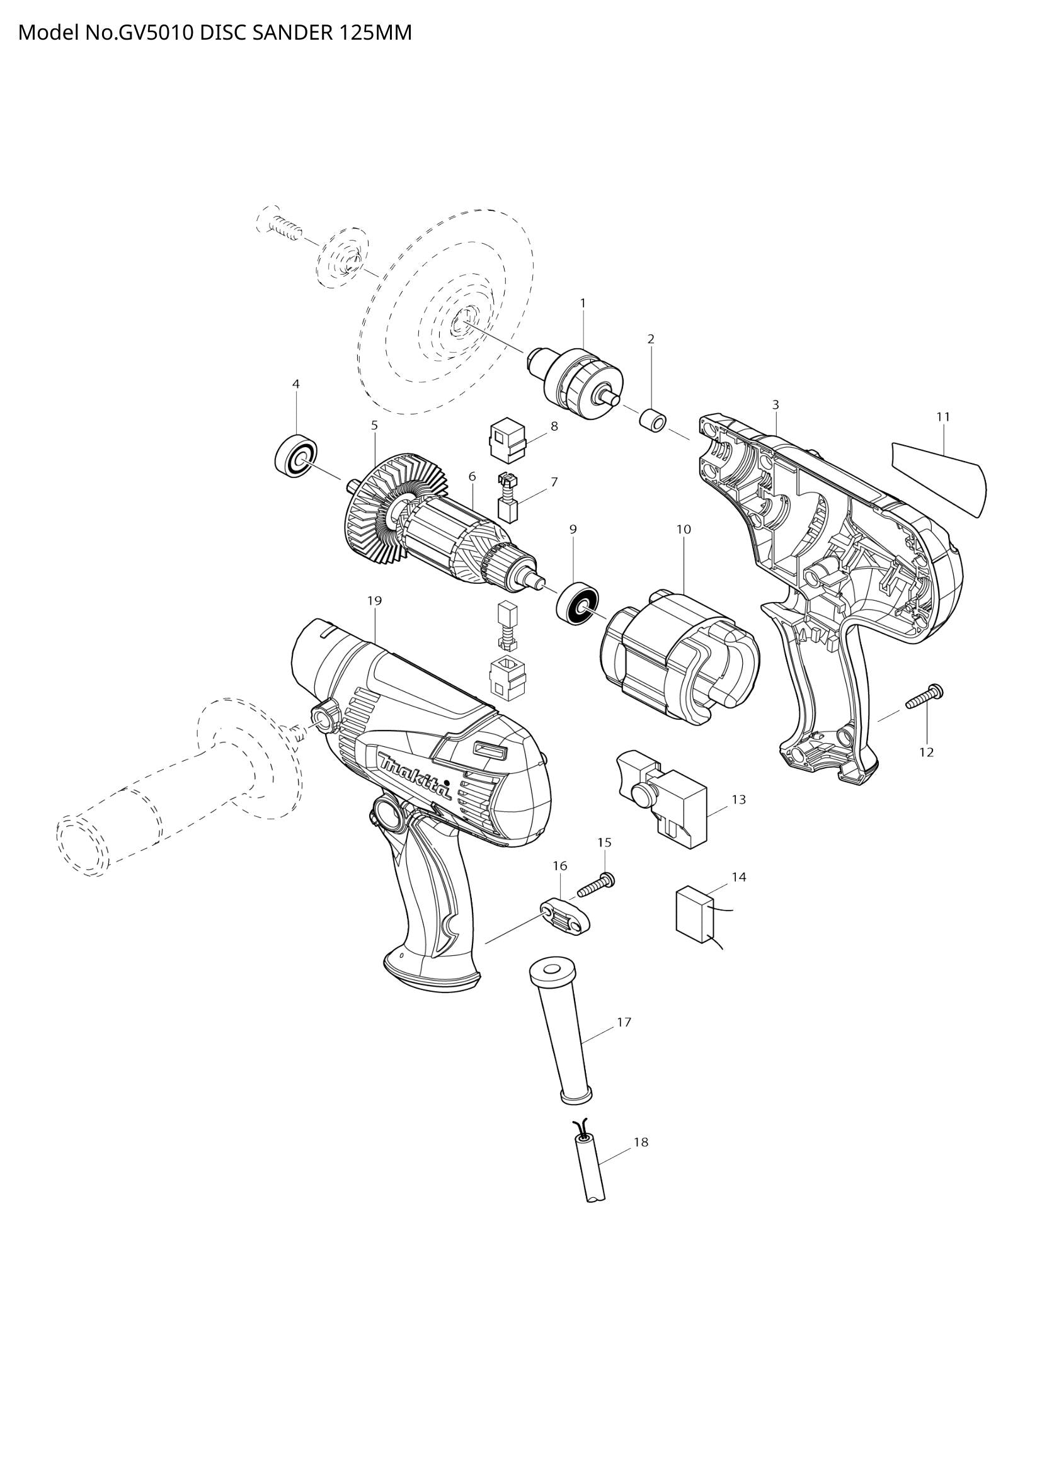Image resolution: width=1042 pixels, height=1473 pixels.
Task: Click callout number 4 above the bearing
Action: (296, 384)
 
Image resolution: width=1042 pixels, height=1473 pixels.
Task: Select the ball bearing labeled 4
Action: (297, 456)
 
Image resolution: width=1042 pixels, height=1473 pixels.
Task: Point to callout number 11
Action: (942, 416)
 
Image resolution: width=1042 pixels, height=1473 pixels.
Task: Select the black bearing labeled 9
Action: (578, 602)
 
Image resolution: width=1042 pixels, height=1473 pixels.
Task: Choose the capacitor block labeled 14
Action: (695, 914)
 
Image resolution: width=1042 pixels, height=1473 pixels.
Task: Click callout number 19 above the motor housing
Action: (375, 601)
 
